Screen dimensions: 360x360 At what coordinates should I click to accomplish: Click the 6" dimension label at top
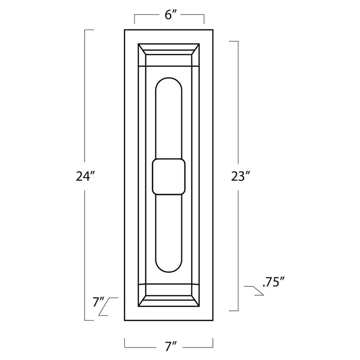170,15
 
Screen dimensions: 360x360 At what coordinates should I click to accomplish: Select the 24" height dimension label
85,176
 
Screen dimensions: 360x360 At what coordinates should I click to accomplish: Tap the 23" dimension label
240,176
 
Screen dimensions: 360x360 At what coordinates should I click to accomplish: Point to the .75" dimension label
273,282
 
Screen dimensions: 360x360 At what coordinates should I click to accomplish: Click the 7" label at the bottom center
171,346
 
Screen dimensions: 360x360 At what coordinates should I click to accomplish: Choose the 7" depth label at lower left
98,302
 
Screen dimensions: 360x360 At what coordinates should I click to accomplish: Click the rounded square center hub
169,176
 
